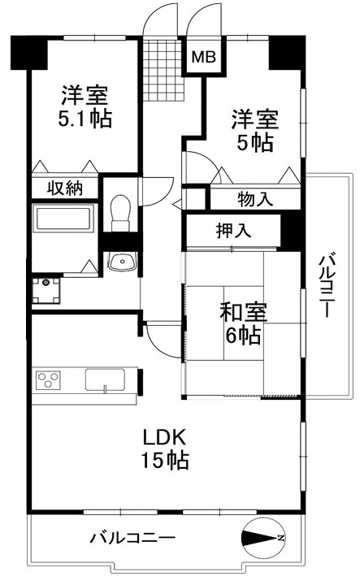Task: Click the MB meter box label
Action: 203,57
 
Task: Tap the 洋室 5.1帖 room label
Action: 85,106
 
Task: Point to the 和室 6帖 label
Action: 243,323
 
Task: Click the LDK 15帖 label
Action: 165,448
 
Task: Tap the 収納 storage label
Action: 65,188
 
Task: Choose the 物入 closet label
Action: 255,199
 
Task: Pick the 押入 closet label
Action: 233,231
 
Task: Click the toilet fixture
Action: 120,213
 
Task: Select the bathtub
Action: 63,218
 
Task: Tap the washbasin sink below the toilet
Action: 122,261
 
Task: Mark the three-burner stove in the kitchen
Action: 48,380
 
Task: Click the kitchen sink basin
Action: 105,379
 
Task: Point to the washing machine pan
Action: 46,290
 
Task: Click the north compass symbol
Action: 264,538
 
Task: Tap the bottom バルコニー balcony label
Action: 132,538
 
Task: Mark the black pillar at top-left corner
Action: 29,53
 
